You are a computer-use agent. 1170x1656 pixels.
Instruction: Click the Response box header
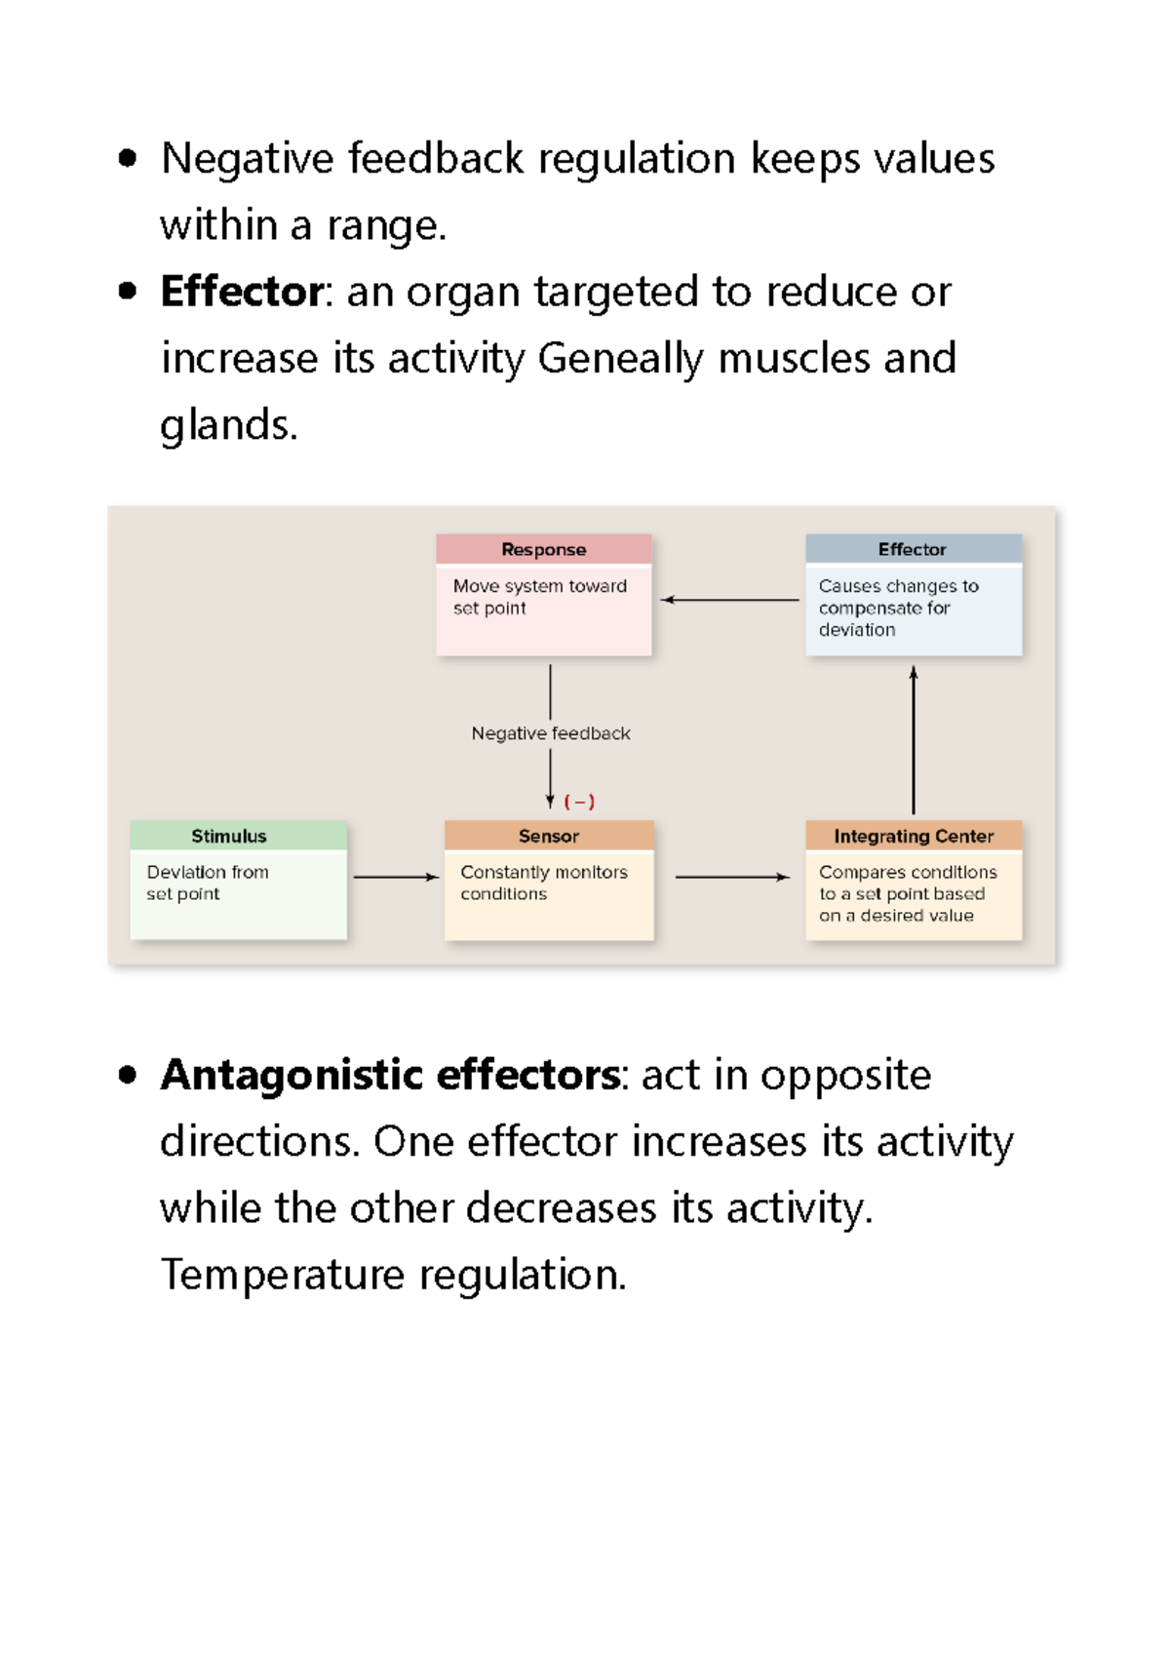pos(543,549)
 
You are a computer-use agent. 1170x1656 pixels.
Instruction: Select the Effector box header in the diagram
pos(913,549)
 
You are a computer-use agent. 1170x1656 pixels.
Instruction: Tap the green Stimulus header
pos(228,836)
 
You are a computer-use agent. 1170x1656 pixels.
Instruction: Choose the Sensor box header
pos(548,836)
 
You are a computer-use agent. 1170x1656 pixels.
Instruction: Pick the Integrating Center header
pos(914,836)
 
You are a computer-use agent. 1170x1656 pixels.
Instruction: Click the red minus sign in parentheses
pos(579,802)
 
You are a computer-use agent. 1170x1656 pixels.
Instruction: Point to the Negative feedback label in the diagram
pos(551,733)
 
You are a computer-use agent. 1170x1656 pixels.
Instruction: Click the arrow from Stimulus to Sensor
pos(396,877)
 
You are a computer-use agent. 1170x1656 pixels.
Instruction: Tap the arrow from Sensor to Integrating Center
pos(731,877)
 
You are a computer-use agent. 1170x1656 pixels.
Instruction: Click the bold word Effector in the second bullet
pos(242,292)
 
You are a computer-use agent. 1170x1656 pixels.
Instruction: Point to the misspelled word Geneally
pos(620,359)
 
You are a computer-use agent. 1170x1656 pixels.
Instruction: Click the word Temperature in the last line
pos(283,1275)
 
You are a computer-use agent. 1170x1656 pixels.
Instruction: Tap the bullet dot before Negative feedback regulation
pos(127,158)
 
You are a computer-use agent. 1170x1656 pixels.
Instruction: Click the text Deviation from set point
pos(207,883)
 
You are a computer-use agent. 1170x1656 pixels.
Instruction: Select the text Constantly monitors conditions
pos(543,883)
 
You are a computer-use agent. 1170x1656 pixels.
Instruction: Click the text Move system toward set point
pos(539,596)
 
